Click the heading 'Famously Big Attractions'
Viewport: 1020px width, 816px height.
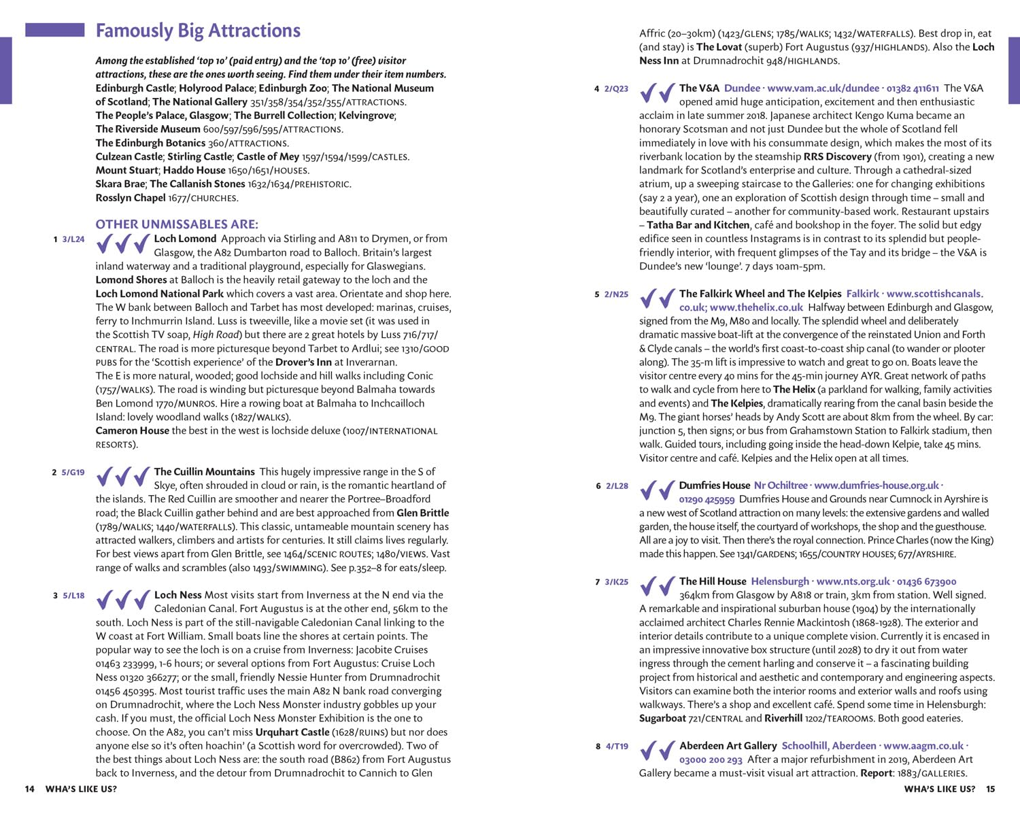(x=198, y=31)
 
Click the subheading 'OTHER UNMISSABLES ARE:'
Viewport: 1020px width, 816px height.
(x=177, y=224)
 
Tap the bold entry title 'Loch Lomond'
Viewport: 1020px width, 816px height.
(x=185, y=239)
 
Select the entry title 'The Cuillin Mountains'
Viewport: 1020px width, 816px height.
(x=204, y=472)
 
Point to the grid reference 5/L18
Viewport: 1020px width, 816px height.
(x=73, y=596)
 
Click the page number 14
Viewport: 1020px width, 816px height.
(x=29, y=789)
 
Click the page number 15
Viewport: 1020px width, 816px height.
(x=991, y=789)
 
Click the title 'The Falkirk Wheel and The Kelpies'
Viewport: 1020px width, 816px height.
(x=760, y=294)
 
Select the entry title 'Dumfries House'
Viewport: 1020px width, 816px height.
(x=714, y=486)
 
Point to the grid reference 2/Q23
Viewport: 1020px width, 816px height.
(x=616, y=89)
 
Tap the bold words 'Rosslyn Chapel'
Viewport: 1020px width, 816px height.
(x=131, y=198)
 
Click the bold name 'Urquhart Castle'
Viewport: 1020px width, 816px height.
(x=292, y=732)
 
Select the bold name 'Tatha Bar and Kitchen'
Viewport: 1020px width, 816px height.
(x=698, y=225)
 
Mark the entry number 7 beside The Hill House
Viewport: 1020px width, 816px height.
(x=598, y=582)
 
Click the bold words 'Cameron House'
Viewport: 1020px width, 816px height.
(x=132, y=430)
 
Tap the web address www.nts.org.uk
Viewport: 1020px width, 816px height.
(x=853, y=581)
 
